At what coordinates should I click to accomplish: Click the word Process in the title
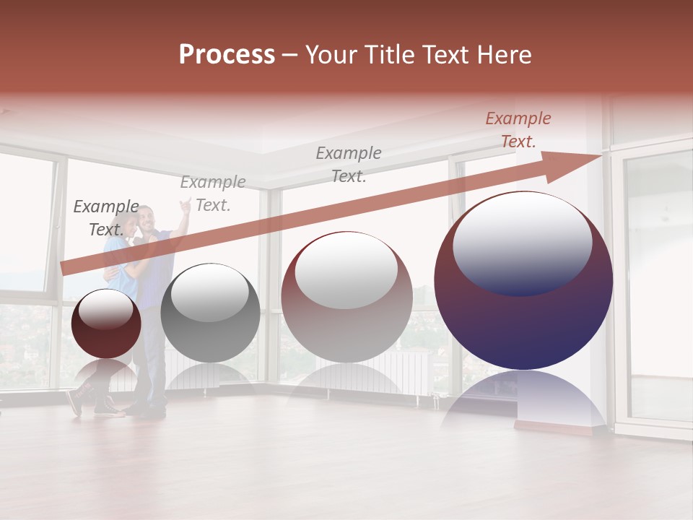pos(227,55)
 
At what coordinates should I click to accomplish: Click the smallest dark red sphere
pos(106,324)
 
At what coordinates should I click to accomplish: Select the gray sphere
pos(210,313)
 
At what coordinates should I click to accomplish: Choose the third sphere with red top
pos(346,297)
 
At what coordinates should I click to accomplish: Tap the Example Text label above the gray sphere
pos(212,194)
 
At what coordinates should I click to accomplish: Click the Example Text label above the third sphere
pos(348,164)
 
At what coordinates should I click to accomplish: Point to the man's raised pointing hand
pos(186,205)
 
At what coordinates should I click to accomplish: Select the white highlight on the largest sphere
pos(522,243)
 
